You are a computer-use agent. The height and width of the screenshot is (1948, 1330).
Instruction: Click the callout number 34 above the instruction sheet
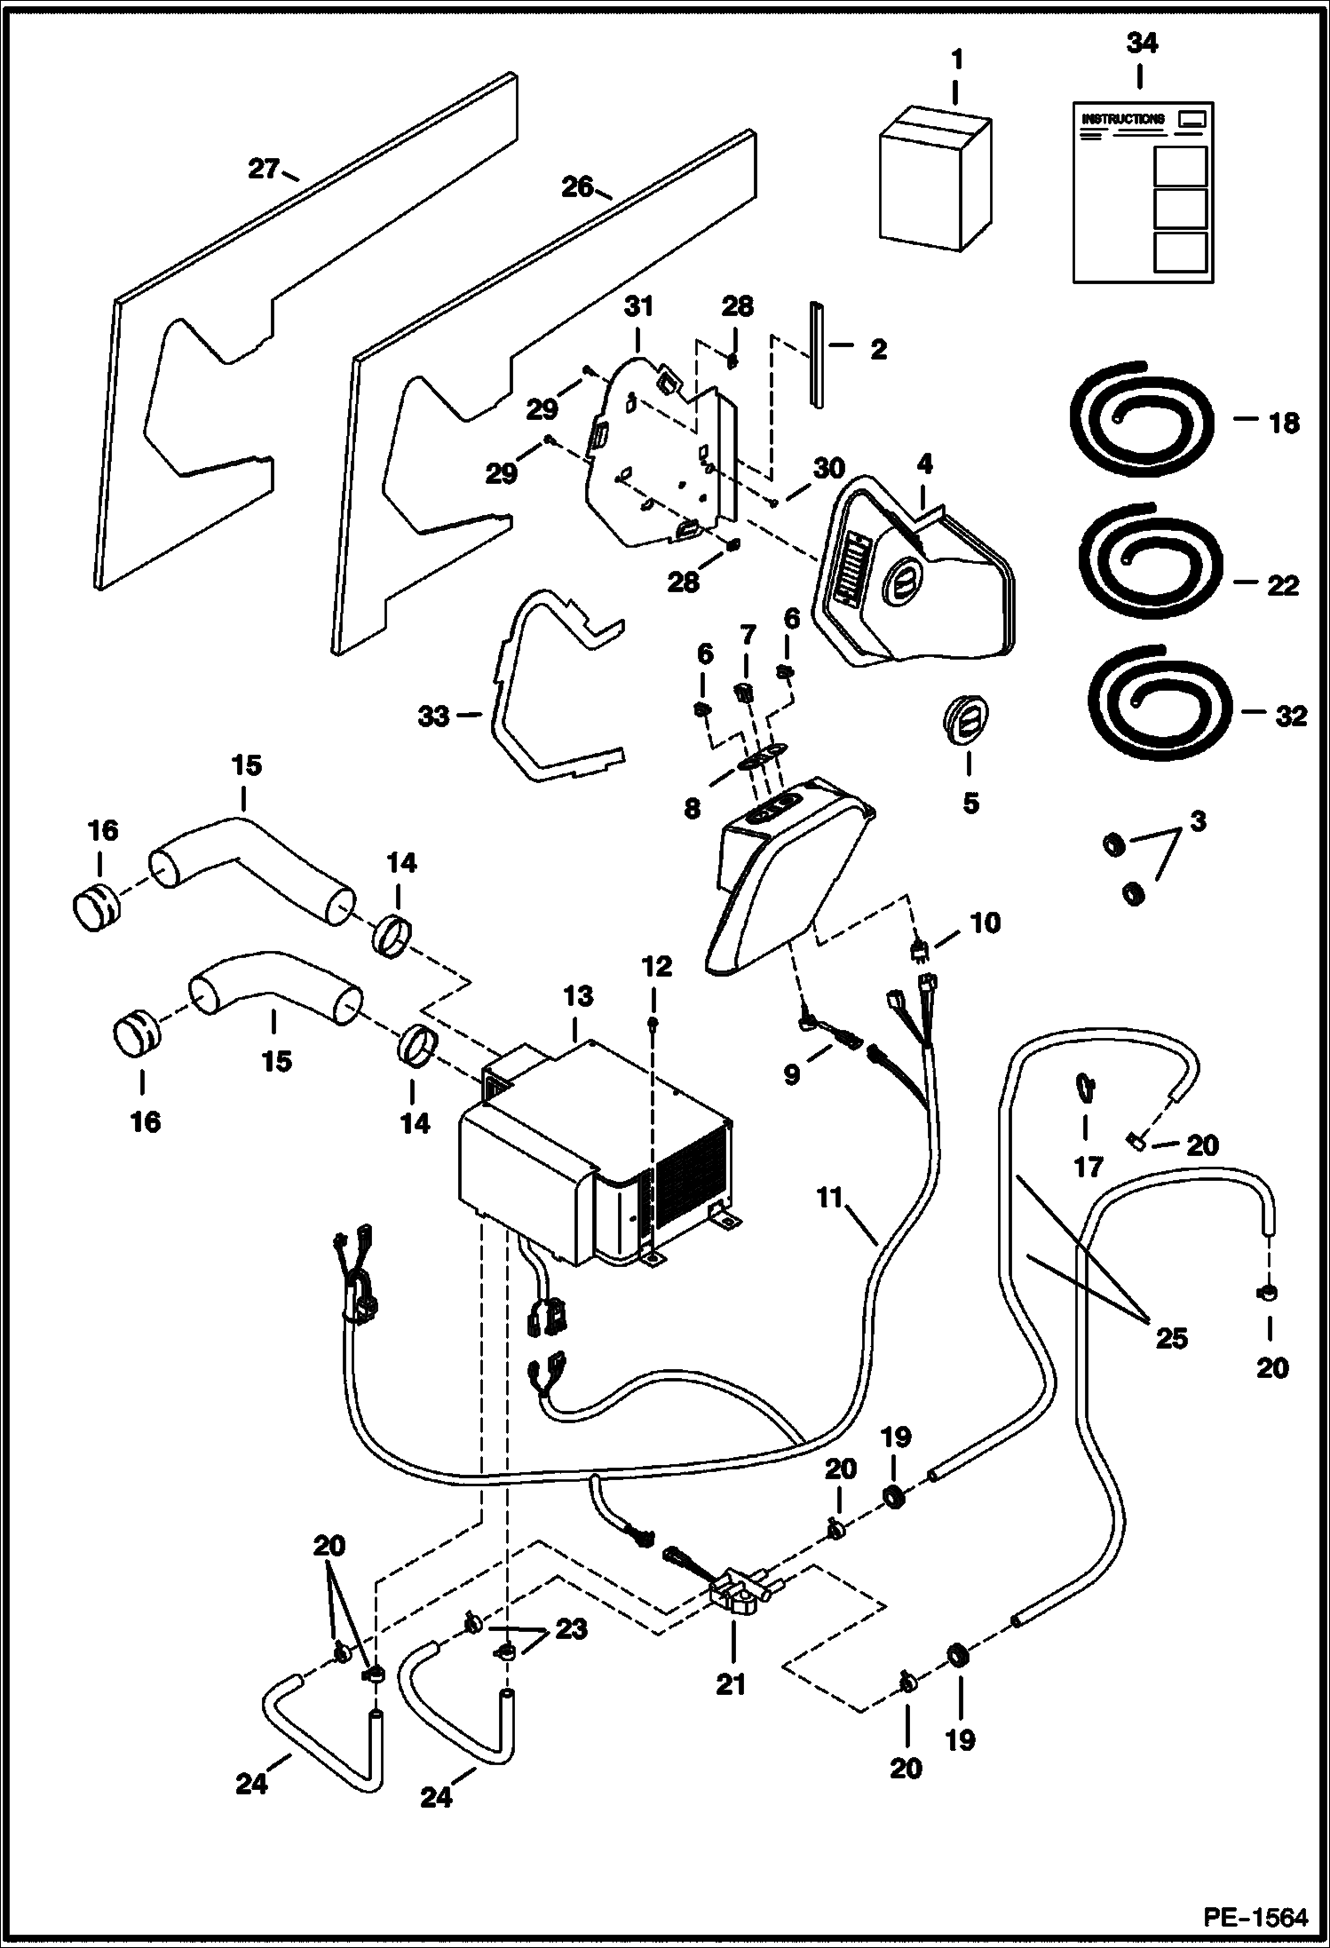pos(1141,43)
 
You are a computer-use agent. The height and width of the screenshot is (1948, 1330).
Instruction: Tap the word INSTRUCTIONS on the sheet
pos(1122,118)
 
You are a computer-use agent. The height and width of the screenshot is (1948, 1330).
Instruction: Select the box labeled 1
pos(933,182)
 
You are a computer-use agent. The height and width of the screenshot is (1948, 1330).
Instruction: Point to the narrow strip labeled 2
pos(817,355)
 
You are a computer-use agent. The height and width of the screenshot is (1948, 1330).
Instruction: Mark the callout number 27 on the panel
pos(264,168)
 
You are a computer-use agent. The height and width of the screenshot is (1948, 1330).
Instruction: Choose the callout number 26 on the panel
pos(577,186)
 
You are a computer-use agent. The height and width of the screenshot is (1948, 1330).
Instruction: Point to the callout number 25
pos(1170,1336)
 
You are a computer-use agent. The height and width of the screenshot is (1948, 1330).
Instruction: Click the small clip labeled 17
pos(1085,1086)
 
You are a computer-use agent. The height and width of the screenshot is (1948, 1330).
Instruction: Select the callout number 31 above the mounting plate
pos(637,307)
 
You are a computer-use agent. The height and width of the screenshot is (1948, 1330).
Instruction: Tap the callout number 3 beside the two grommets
pos(1198,821)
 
